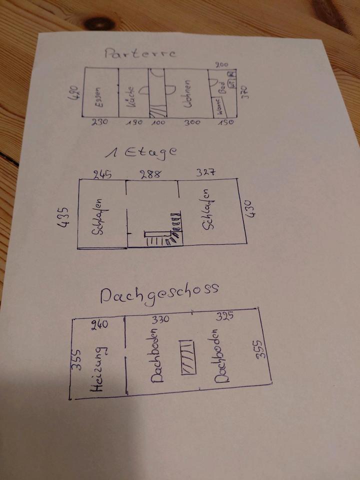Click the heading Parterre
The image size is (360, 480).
coord(140,53)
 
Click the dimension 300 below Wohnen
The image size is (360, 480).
coord(188,122)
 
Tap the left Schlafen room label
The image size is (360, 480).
coord(98,216)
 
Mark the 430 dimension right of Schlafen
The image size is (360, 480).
coord(250,208)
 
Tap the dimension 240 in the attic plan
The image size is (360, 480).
coord(100,325)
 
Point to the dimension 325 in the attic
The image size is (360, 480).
coord(224,316)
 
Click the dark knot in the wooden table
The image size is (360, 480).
coord(99,22)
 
